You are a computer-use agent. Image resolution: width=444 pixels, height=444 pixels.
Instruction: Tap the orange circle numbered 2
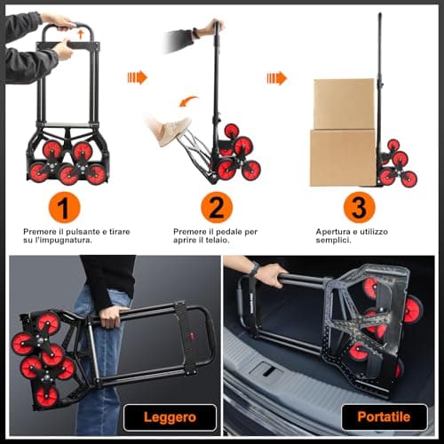(216, 209)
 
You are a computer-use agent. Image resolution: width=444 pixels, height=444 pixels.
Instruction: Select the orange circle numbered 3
(358, 209)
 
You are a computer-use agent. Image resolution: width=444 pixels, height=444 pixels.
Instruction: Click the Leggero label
(169, 416)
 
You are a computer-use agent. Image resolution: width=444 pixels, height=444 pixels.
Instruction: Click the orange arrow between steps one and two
(137, 77)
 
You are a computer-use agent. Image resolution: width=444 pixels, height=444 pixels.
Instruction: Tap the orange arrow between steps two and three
(276, 77)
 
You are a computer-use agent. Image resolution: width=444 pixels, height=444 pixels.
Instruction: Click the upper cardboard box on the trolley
(343, 103)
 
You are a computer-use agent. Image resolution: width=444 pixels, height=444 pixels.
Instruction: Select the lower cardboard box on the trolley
(342, 157)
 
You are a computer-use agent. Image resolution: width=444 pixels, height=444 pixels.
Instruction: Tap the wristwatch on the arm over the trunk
(253, 269)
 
